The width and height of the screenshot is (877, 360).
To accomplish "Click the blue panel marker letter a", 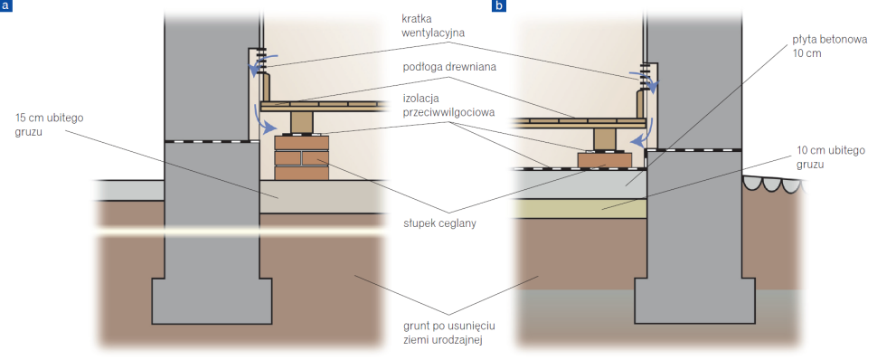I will pyautogui.click(x=6, y=6).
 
